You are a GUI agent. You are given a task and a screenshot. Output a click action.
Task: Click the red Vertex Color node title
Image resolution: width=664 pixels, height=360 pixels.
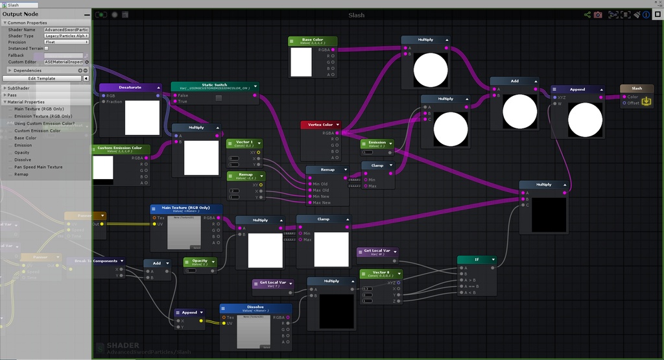[320, 125]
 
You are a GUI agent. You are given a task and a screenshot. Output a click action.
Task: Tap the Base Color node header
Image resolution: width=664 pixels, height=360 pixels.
[312, 41]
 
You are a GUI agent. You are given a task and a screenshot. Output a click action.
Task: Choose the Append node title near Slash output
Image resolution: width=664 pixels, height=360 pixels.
[577, 90]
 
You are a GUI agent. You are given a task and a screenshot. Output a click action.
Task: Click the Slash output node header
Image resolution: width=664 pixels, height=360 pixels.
[637, 88]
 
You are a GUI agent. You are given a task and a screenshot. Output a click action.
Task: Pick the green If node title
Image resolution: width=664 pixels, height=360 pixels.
[477, 259]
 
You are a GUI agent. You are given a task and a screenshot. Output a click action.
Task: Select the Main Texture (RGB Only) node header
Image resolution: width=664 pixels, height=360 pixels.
[186, 209]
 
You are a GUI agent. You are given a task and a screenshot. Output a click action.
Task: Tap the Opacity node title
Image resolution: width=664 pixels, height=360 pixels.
[200, 261]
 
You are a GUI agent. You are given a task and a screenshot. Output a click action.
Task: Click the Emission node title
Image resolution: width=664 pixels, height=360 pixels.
[377, 143]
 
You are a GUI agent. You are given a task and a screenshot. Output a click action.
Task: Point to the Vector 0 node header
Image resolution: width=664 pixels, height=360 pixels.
[381, 273]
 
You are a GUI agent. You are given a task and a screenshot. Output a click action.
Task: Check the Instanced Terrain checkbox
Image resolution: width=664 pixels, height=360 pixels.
[46, 49]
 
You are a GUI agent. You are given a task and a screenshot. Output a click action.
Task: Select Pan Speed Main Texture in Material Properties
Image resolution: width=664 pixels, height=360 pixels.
[38, 167]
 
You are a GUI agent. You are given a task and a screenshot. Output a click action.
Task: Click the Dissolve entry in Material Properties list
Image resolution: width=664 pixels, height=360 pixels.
[23, 160]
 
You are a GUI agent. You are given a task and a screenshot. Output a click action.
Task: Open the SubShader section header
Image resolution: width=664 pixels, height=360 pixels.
[18, 88]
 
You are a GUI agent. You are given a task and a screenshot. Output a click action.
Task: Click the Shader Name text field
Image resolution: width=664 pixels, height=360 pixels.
[66, 30]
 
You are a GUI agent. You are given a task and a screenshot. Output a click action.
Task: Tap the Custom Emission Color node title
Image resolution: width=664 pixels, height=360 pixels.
[120, 149]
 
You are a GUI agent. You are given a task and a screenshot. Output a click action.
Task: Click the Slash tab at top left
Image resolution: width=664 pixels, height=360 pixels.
[13, 5]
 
